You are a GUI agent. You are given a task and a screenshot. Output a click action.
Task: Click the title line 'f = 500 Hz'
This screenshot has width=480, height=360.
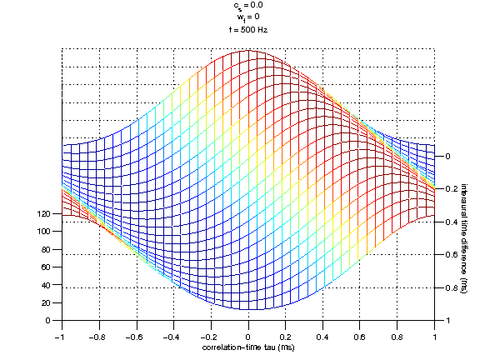click(x=247, y=29)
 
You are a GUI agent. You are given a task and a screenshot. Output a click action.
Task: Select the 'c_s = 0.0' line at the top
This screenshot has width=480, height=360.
click(x=247, y=5)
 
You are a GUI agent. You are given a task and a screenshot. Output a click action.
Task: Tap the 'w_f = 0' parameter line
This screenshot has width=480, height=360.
click(x=247, y=17)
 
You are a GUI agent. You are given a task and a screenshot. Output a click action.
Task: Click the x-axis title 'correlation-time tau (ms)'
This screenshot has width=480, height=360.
click(x=247, y=346)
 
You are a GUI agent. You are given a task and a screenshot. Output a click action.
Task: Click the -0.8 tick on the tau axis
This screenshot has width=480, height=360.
click(x=97, y=331)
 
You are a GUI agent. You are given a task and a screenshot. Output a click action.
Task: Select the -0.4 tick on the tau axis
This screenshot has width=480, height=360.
click(x=172, y=331)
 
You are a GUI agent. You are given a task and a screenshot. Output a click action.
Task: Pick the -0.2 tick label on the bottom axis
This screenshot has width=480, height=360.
click(x=210, y=331)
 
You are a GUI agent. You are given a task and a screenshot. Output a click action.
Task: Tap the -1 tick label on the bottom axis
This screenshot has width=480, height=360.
click(x=60, y=331)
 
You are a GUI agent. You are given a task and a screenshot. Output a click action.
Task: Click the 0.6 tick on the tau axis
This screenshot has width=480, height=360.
click(x=361, y=331)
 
